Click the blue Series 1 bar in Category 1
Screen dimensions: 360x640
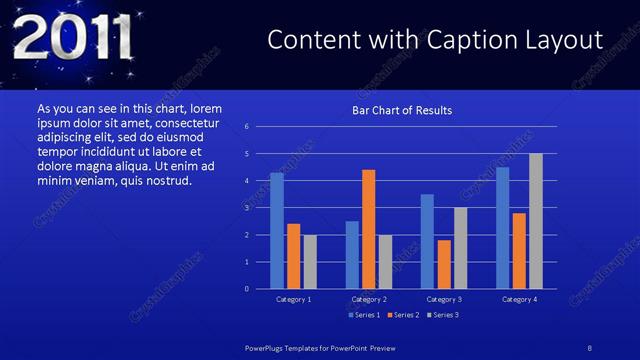coord(277,231)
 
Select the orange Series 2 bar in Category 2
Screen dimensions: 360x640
coord(369,229)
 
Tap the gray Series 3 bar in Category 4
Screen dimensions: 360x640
coord(536,221)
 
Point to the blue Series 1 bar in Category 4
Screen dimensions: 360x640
coord(502,228)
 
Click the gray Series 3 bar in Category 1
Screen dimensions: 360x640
coord(310,262)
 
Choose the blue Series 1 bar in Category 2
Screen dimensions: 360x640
coord(352,255)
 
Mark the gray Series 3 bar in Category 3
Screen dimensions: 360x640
coord(460,248)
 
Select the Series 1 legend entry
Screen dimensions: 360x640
coord(365,315)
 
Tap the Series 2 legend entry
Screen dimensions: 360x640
coord(402,315)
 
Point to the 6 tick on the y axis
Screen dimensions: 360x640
coord(247,127)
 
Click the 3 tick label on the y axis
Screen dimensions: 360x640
coord(247,208)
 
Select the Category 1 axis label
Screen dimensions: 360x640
coord(294,299)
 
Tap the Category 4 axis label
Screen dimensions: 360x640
coord(519,299)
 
